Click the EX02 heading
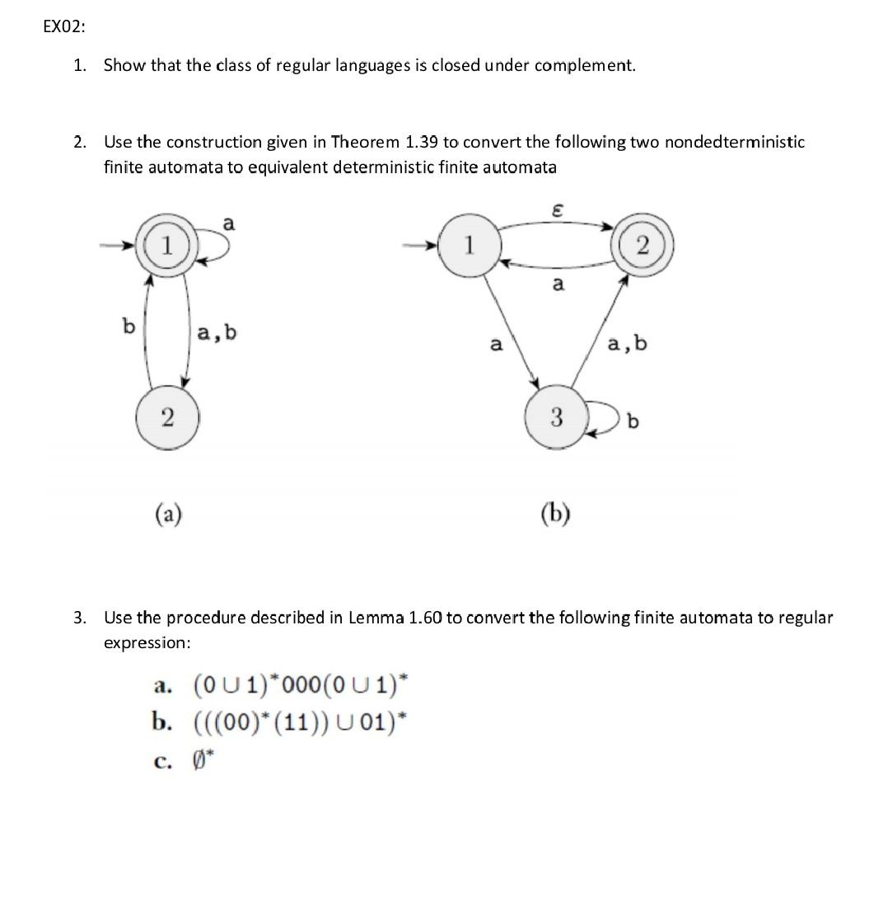point(63,26)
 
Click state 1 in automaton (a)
point(167,246)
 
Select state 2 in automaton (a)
point(166,417)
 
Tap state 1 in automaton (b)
point(468,246)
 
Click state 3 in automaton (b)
point(555,418)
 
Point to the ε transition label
point(558,212)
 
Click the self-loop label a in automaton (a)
point(228,223)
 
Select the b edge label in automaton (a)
point(128,327)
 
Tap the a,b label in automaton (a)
point(217,332)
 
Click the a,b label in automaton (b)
point(627,343)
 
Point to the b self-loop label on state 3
point(633,422)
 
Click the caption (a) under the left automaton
point(168,515)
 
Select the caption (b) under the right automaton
point(555,515)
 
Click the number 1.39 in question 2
point(421,142)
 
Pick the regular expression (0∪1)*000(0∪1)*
point(300,685)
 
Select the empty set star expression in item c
point(203,759)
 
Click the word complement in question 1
point(585,65)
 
